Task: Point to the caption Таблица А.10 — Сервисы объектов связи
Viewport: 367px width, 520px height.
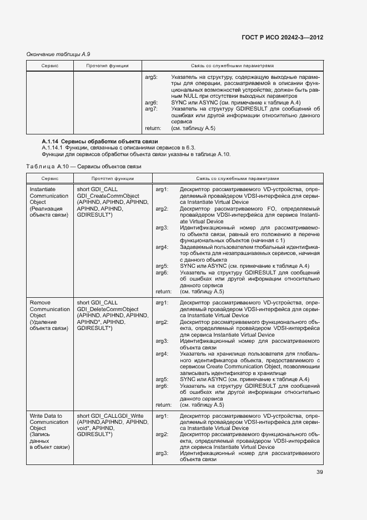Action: (84, 166)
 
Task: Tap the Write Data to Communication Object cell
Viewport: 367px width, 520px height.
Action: (49, 431)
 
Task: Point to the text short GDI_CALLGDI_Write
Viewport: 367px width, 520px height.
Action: (110, 416)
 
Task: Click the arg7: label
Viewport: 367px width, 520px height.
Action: (151, 109)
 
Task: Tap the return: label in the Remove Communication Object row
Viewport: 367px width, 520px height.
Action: (163, 405)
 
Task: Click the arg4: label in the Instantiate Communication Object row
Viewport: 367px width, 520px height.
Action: (162, 246)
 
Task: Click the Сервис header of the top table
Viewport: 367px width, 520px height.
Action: (50, 66)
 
